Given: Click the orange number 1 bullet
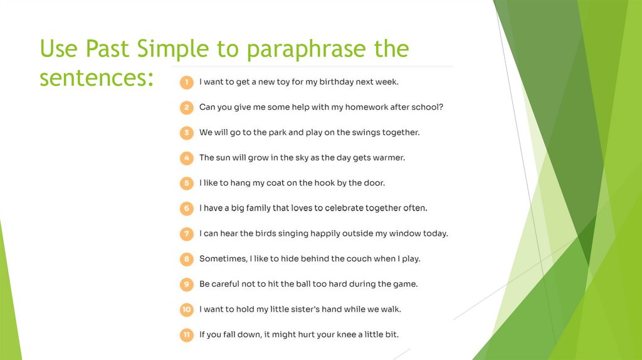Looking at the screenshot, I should point(186,82).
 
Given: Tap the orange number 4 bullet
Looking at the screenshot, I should point(186,158).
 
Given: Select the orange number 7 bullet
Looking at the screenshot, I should point(186,234).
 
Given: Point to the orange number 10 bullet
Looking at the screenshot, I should point(186,310).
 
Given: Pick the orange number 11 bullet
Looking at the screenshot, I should point(186,335).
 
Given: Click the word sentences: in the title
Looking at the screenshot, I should point(97,78).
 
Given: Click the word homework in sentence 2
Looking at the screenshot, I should point(360,107).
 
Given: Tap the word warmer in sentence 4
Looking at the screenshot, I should point(389,158).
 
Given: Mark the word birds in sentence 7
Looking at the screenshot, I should point(266,234).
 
